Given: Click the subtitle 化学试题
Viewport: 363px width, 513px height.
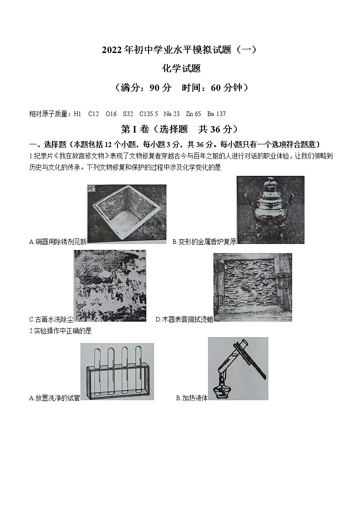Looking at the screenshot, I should coord(181,69).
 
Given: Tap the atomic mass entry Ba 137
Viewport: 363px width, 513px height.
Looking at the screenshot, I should coord(216,114).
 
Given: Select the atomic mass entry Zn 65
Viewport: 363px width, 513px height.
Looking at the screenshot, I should coord(193,114).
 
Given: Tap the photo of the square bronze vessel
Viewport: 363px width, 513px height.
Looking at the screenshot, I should coord(127,214).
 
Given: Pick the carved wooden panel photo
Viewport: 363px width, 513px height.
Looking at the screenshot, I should coord(252,287).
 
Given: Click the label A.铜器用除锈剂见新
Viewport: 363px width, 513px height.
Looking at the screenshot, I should coord(58,242).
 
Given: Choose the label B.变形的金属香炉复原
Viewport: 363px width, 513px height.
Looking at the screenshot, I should coord(204,242).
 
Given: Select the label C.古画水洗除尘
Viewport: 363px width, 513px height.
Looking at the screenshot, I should coord(51,319).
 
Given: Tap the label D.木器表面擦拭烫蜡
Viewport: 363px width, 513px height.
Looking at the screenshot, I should coord(184,319).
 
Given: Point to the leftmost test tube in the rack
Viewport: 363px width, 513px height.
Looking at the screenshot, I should coord(97,370).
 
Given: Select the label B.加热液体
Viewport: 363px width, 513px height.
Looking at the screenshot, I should coord(192,398).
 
